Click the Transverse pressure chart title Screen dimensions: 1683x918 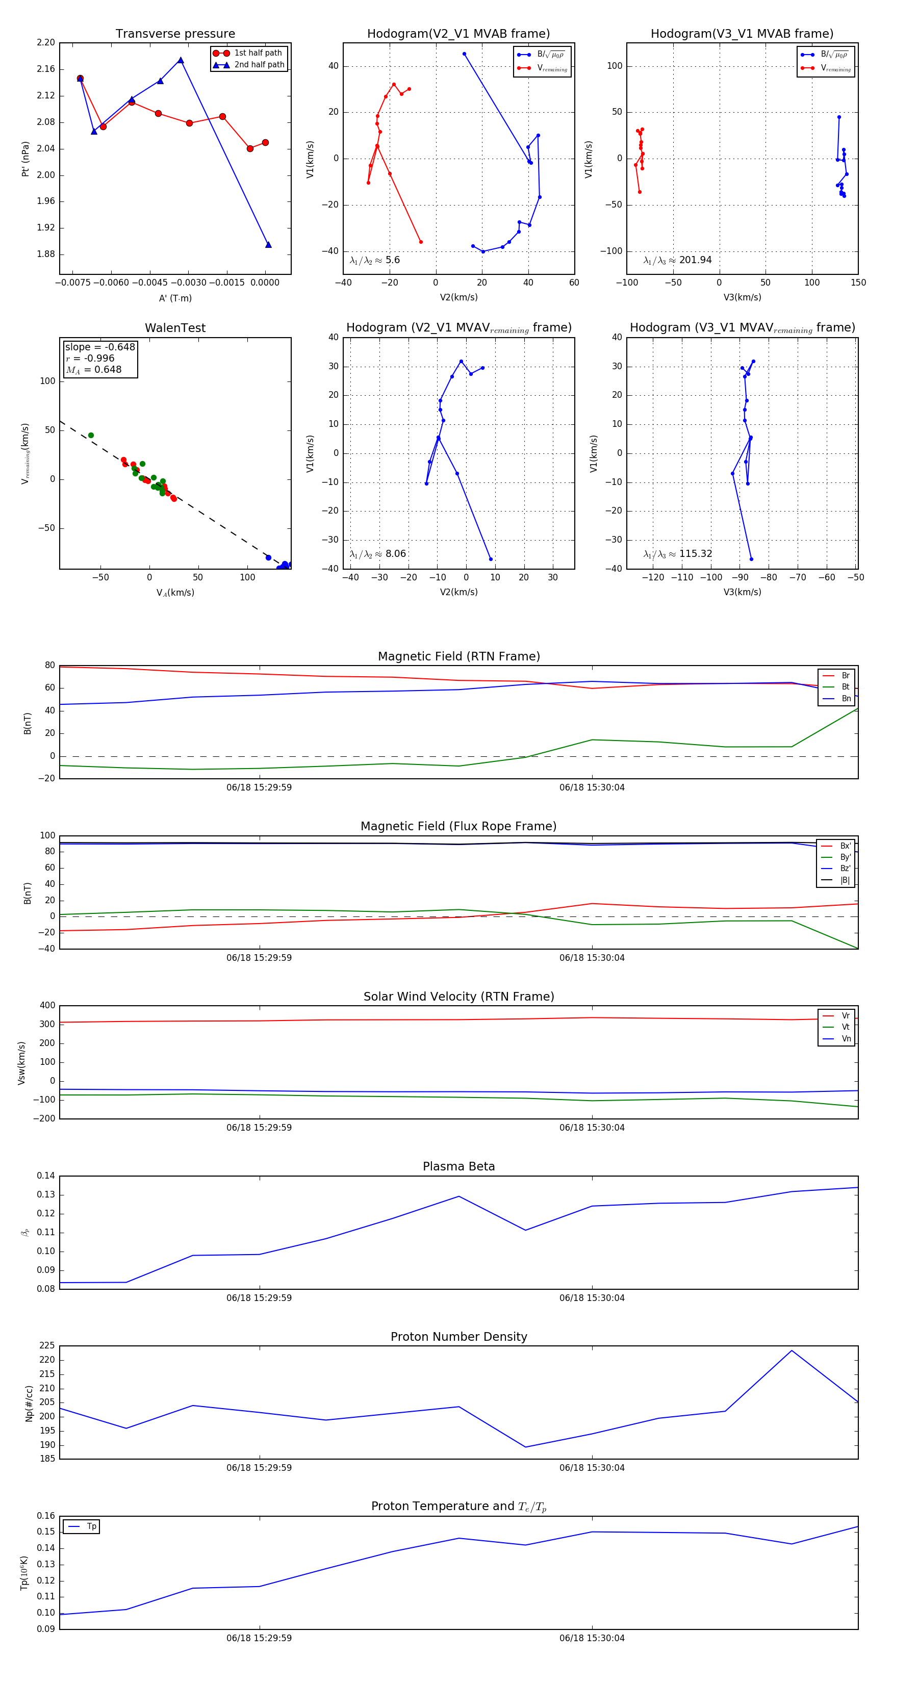[x=175, y=34]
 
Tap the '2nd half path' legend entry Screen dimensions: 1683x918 [x=259, y=65]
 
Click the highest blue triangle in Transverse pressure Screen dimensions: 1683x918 [x=181, y=61]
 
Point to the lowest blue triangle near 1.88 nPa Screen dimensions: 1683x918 [x=268, y=245]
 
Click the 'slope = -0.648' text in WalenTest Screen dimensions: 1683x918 [x=100, y=347]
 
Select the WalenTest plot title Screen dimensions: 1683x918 [x=175, y=328]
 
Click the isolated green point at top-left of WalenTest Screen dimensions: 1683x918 [x=91, y=435]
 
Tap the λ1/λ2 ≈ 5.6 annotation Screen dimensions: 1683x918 [x=374, y=260]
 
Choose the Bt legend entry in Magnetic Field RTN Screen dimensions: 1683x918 [x=845, y=686]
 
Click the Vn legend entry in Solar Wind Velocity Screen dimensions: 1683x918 [x=846, y=1039]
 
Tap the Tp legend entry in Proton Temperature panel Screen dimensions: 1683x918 [x=91, y=1527]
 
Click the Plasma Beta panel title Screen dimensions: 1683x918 [x=458, y=1167]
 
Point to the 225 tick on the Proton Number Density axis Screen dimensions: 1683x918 [x=48, y=1346]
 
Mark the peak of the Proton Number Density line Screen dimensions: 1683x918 [x=791, y=1350]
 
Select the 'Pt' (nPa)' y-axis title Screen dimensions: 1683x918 [x=25, y=159]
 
